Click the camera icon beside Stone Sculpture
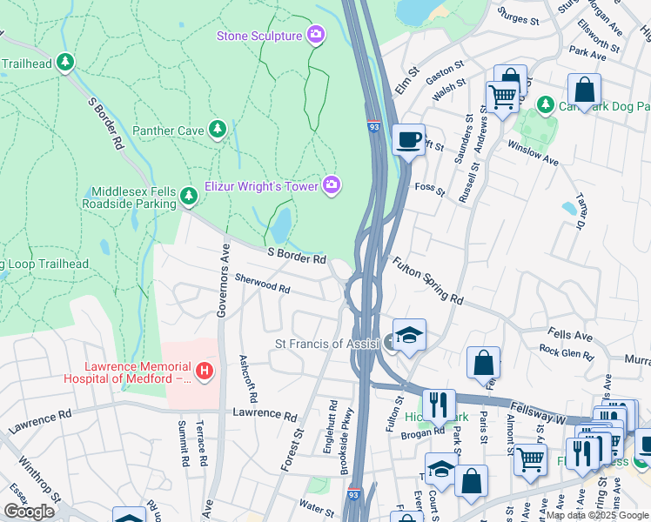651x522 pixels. (x=316, y=36)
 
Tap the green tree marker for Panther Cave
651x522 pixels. (x=218, y=130)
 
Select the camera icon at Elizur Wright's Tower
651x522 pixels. (x=332, y=184)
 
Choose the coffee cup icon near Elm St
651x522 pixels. (x=408, y=139)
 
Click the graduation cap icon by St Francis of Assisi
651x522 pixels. (x=408, y=334)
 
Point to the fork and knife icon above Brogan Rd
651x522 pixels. (x=439, y=404)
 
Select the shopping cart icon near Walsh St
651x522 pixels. (x=502, y=96)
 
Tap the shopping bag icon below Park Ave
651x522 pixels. (x=584, y=89)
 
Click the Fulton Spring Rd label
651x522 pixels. (x=427, y=280)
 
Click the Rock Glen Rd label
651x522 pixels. (x=566, y=354)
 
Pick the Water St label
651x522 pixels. (x=317, y=503)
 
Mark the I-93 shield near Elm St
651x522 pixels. (x=373, y=126)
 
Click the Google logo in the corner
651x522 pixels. (x=30, y=512)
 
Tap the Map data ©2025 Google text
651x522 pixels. (x=597, y=515)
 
